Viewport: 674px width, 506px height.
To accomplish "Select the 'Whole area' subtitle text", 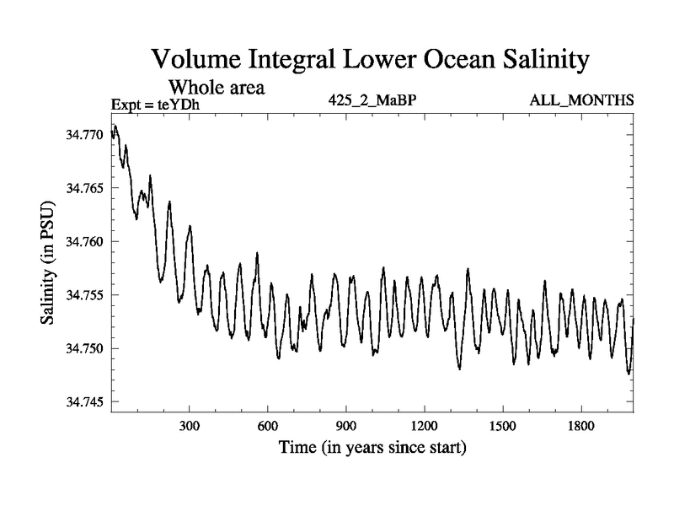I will (217, 87).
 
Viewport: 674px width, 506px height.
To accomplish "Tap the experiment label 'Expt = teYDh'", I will (156, 105).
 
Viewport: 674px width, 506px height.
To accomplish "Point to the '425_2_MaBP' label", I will (372, 100).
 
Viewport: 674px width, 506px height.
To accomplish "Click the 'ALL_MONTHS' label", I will (581, 100).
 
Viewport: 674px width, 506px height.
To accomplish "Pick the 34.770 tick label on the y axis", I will (86, 134).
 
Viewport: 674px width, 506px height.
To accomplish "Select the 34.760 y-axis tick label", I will (86, 241).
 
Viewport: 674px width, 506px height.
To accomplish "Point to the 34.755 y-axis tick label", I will (86, 295).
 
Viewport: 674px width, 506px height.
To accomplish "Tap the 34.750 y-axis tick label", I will (86, 348).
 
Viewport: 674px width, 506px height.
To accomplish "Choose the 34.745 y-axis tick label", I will (86, 402).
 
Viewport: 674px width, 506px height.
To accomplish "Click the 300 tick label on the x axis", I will (190, 427).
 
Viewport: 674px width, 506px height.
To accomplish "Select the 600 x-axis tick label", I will (268, 427).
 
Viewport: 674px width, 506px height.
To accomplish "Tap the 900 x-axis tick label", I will (346, 427).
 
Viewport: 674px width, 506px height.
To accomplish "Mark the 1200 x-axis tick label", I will (425, 427).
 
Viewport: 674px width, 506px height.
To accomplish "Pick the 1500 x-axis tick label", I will (503, 427).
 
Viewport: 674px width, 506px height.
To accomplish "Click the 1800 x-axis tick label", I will (581, 427).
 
